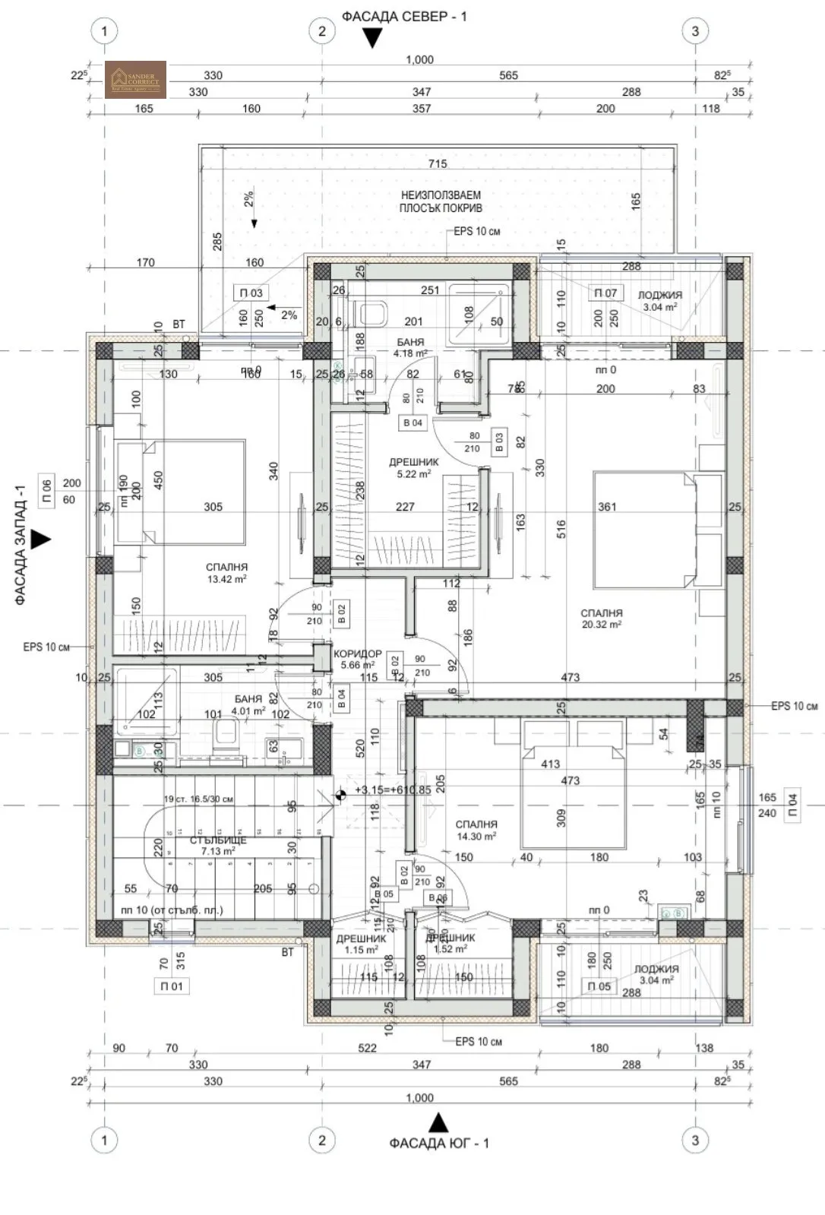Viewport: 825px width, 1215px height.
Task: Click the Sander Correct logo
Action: pyautogui.click(x=135, y=79)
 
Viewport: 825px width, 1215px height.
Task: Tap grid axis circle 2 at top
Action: pyautogui.click(x=322, y=31)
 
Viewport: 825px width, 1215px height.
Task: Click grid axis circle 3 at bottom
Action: pyautogui.click(x=694, y=1140)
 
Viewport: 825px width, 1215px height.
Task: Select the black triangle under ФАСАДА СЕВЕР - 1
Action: pyautogui.click(x=371, y=39)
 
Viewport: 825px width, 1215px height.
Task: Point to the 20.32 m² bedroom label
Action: pyautogui.click(x=601, y=619)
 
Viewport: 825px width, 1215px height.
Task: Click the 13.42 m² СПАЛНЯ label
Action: pyautogui.click(x=226, y=573)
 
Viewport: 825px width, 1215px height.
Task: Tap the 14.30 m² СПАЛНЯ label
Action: pyautogui.click(x=476, y=830)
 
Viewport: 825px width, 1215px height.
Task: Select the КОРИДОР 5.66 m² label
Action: pyautogui.click(x=357, y=659)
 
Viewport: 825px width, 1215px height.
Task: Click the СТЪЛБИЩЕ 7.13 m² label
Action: pyautogui.click(x=218, y=846)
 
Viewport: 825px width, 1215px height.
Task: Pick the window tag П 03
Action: pyautogui.click(x=251, y=293)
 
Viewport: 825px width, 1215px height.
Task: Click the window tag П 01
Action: pyautogui.click(x=171, y=986)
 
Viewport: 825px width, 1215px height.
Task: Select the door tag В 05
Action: pyautogui.click(x=385, y=894)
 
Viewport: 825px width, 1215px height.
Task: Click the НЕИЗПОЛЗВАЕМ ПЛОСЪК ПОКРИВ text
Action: pyautogui.click(x=441, y=201)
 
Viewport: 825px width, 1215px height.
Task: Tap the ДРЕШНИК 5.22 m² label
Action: pyautogui.click(x=413, y=467)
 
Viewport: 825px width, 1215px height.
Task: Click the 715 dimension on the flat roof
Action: pyautogui.click(x=438, y=163)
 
